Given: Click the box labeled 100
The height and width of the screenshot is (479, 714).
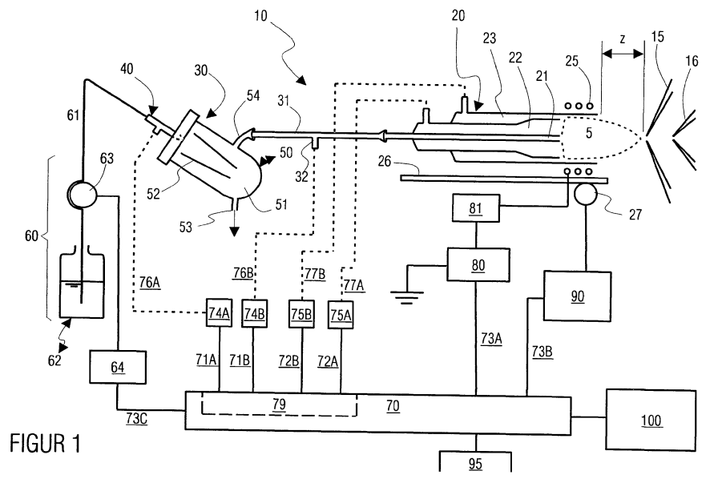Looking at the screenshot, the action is point(650,420).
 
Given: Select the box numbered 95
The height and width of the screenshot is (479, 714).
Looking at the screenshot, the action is point(475,462).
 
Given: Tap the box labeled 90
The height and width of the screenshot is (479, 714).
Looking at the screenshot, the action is point(577,296).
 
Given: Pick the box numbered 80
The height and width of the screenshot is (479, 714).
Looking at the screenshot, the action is point(478,264).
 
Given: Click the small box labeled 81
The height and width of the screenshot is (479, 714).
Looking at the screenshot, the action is point(475,207).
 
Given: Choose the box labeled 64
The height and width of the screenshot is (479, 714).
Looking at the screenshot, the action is point(118,367).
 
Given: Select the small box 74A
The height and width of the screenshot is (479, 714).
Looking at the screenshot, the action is point(219,313).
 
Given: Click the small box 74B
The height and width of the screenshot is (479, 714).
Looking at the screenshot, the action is point(254,313).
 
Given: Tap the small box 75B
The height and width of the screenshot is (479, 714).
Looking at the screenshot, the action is point(301,314).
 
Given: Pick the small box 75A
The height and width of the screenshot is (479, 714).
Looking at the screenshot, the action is point(341,315).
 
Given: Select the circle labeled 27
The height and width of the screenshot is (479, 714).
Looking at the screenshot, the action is point(588,195).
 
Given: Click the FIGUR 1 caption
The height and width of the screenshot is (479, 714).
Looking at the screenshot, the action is point(46,444).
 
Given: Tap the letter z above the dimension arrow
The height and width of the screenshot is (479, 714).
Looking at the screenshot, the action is point(623,39).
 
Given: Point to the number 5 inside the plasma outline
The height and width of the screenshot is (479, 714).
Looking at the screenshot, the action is point(589,132).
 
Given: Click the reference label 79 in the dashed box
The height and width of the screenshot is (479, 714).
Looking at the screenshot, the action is point(279,404).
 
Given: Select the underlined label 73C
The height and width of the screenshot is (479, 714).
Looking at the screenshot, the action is point(136,418).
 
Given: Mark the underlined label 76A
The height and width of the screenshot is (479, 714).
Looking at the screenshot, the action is point(150,283).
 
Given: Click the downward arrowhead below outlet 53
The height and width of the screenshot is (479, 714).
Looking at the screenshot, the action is point(234,231).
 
